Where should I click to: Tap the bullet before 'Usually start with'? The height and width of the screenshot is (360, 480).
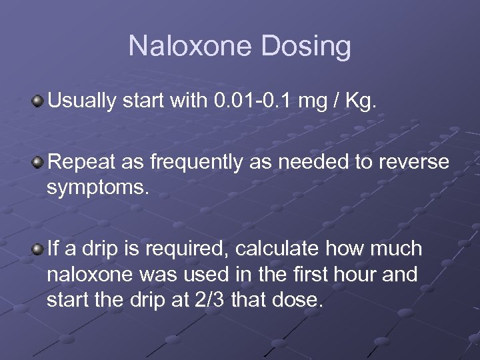(x=39, y=101)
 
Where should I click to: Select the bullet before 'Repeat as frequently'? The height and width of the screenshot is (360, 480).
(x=39, y=161)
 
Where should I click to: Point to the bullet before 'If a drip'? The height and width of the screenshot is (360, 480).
(x=39, y=249)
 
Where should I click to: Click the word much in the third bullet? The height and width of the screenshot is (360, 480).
(x=398, y=249)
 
